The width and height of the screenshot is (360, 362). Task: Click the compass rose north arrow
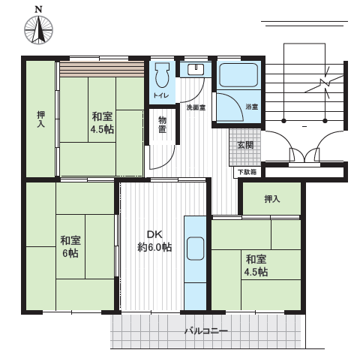tap(38, 29)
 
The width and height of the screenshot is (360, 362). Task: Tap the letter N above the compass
tap(38, 10)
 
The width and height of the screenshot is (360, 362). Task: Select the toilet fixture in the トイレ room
tap(162, 75)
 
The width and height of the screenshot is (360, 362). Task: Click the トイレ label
tap(161, 95)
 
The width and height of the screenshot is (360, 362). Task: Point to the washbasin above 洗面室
tap(196, 69)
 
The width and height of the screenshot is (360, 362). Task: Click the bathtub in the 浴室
tap(238, 75)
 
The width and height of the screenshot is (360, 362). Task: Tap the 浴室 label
tap(251, 107)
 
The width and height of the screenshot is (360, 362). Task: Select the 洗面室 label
tap(196, 107)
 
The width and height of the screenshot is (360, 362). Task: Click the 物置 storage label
tap(163, 125)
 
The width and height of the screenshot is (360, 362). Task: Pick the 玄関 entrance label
tap(245, 145)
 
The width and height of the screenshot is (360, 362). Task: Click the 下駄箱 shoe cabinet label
tap(247, 172)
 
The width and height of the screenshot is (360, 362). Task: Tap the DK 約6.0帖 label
tap(154, 241)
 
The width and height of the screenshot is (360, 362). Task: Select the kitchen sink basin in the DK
tap(195, 249)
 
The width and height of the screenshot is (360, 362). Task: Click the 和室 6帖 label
tap(70, 246)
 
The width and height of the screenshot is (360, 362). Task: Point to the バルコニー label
tap(206, 331)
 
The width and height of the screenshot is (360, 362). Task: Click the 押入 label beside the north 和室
tap(41, 119)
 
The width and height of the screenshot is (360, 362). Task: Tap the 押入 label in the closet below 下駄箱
tap(272, 199)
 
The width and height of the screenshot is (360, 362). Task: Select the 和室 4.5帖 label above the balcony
tap(256, 265)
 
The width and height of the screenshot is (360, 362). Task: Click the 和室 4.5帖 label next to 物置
tap(102, 123)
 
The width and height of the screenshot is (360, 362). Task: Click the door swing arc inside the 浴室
tap(234, 104)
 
